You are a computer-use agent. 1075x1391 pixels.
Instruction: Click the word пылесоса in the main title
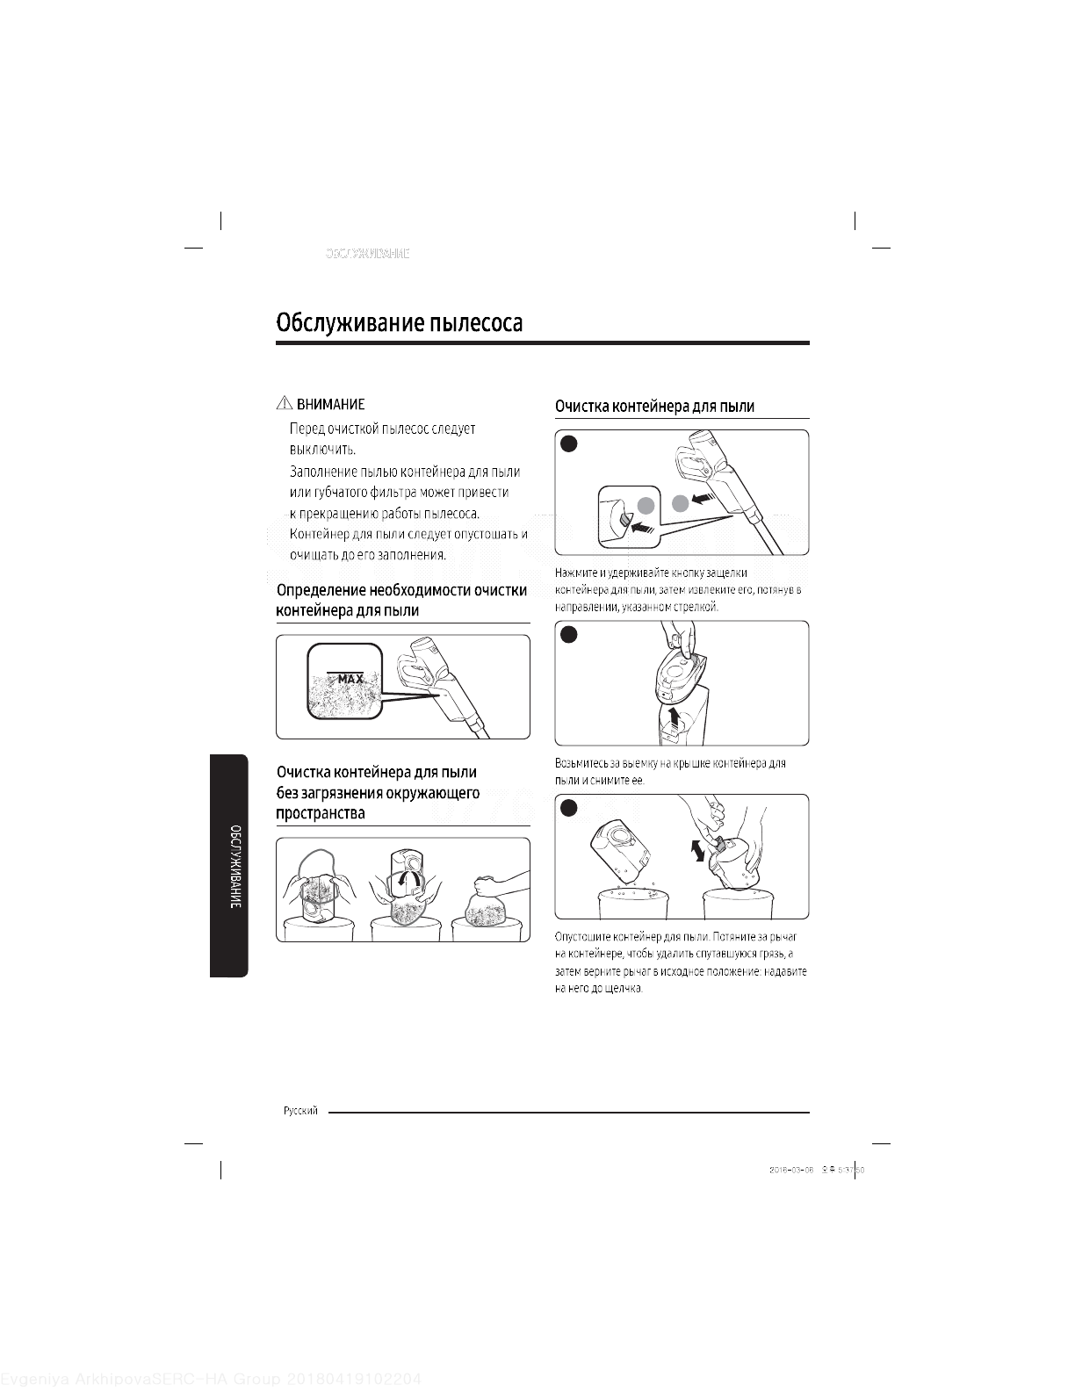pyautogui.click(x=475, y=322)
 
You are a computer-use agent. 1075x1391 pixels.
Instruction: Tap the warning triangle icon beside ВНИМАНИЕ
pyautogui.click(x=284, y=404)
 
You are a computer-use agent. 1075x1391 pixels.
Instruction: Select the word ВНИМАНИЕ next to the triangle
pyautogui.click(x=330, y=405)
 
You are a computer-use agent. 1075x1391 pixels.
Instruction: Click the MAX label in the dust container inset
pyautogui.click(x=350, y=680)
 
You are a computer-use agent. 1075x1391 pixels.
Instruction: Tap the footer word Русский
pyautogui.click(x=300, y=1111)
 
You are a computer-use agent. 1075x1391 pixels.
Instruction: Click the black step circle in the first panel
pyautogui.click(x=568, y=443)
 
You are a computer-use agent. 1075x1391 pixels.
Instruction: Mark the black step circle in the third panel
pyautogui.click(x=568, y=808)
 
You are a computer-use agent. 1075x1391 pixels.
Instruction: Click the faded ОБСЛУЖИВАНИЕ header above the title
pyautogui.click(x=367, y=254)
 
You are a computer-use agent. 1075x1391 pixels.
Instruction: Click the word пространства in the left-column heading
pyautogui.click(x=321, y=813)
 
